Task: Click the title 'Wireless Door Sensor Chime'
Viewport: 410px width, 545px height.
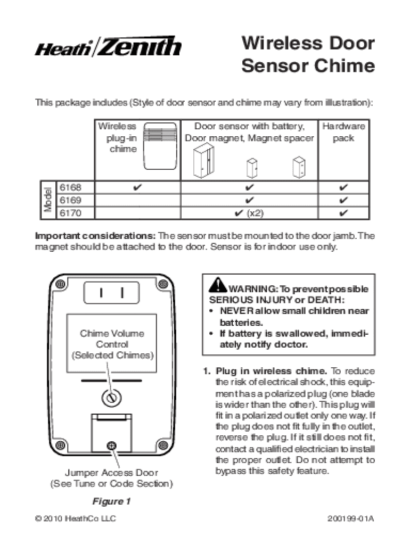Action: pos(308,55)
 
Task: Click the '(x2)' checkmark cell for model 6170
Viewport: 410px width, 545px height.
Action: pos(249,213)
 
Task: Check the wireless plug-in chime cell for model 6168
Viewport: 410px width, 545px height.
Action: pos(137,188)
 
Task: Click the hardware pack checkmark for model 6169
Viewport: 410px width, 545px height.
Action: pos(343,201)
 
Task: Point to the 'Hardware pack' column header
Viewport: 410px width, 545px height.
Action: pos(343,132)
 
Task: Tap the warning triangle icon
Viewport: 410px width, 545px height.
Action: pos(217,285)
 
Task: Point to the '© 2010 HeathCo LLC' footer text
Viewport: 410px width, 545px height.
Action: pos(75,518)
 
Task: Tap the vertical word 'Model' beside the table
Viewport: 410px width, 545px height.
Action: pos(47,200)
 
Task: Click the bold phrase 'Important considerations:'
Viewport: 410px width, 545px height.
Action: pos(96,236)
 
